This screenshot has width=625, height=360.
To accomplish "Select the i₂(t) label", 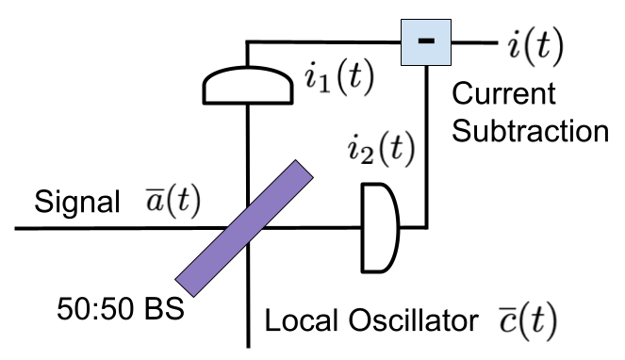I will [x=380, y=149].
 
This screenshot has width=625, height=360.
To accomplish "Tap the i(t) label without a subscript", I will [x=534, y=47].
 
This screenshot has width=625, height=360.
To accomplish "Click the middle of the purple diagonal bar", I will [x=244, y=228].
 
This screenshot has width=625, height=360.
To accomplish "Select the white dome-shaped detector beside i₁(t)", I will [x=248, y=86].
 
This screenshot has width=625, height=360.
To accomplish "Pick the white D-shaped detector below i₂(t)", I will [x=378, y=228].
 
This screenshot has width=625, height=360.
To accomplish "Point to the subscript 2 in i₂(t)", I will [x=365, y=155].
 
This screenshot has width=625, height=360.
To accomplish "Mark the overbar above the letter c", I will [x=506, y=310].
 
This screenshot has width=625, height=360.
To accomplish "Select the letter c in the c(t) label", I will [x=506, y=324].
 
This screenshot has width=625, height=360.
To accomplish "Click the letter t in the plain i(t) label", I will [x=544, y=48].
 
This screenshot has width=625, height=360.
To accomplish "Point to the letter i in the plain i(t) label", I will [x=515, y=47].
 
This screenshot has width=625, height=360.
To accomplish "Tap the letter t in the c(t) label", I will [x=535, y=323].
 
